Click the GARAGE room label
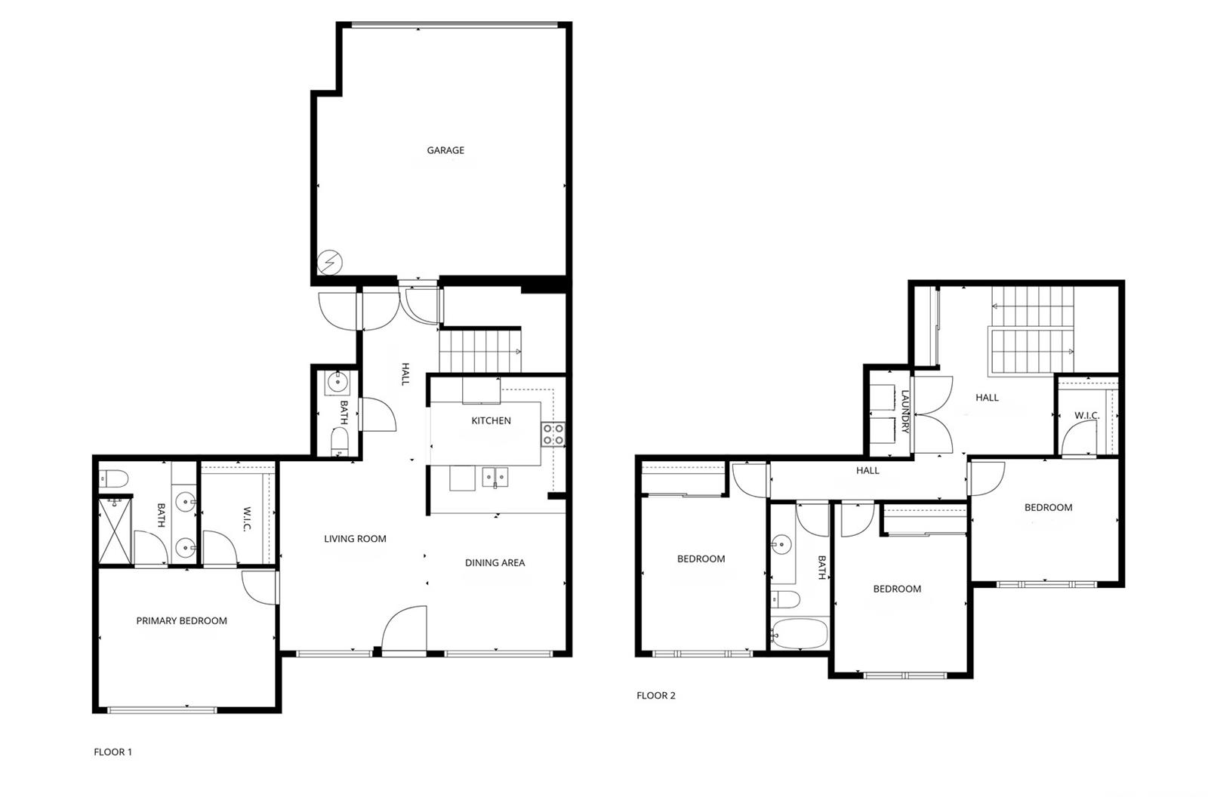445,150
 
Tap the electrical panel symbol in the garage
329,263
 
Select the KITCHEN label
491,420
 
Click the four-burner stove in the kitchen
554,435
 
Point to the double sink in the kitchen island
495,477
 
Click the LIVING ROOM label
355,539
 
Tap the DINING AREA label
495,563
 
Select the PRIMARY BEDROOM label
181,620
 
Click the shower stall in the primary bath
116,531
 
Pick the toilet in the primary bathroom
113,478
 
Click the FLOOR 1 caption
112,752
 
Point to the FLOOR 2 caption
656,696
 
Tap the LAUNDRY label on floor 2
905,411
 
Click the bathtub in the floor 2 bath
800,633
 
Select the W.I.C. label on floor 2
1086,415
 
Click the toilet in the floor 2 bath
784,599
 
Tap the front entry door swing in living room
404,628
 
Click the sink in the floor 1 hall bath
337,383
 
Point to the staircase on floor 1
480,350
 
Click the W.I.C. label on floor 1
245,519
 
